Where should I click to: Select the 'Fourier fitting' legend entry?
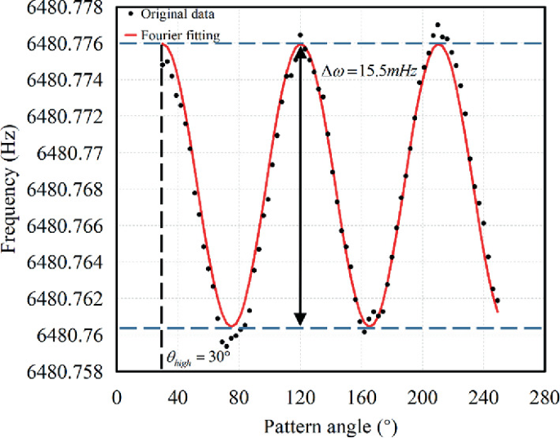point(177,36)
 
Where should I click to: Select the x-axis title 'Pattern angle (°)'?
point(329,427)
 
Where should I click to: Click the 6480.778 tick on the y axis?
point(56,8)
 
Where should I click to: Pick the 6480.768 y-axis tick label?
point(56,190)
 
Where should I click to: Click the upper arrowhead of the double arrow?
point(301,51)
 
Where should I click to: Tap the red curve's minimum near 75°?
point(231,326)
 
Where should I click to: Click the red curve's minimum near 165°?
point(370,327)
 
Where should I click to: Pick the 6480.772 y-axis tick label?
point(56,117)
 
